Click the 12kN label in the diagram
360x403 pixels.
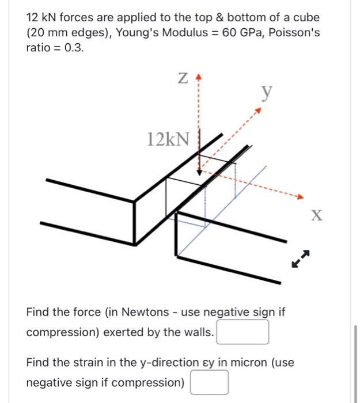point(168,139)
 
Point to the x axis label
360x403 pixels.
point(316,216)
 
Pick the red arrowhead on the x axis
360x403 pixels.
point(298,197)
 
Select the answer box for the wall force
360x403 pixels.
point(242,332)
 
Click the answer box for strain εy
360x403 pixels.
point(209,382)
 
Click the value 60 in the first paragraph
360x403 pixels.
point(229,32)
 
